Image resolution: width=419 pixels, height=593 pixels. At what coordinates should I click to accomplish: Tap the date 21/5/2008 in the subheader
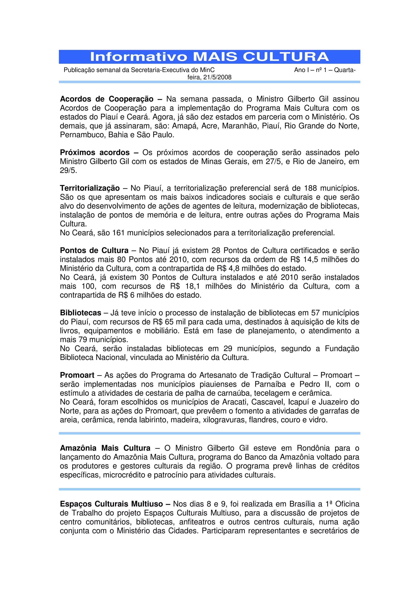[x=217, y=77]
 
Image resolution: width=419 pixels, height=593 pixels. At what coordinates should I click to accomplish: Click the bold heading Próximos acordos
[x=95, y=152]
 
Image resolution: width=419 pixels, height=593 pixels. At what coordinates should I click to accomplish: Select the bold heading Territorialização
[x=90, y=188]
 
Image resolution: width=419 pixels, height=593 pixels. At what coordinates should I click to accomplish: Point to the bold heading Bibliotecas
[x=81, y=313]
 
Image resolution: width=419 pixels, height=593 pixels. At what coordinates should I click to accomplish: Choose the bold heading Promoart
[x=77, y=375]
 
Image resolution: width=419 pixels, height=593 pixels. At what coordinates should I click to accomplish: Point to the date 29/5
[x=68, y=170]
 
